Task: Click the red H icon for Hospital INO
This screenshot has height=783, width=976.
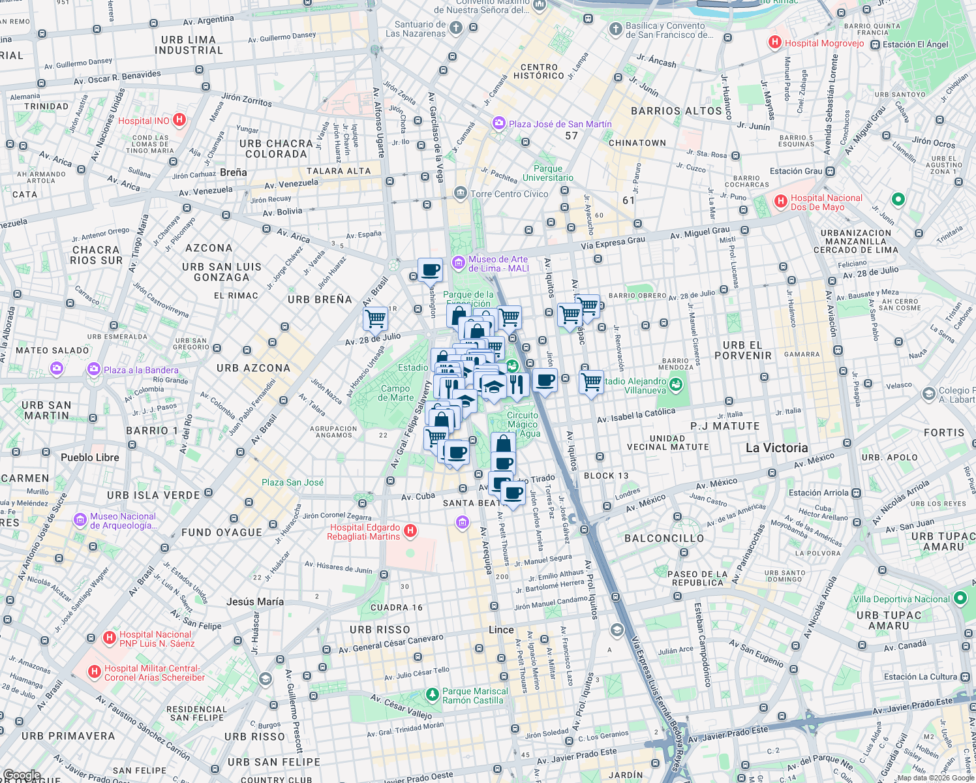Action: click(x=180, y=120)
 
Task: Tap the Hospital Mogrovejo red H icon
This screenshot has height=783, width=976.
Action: click(x=774, y=43)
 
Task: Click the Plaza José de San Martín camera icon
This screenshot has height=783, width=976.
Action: click(x=499, y=123)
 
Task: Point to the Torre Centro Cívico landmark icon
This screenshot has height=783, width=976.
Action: click(x=461, y=193)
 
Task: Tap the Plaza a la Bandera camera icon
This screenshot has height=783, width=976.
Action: click(x=94, y=369)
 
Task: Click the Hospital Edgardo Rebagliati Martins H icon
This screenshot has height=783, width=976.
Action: click(x=410, y=531)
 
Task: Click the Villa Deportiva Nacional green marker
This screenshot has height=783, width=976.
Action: click(x=960, y=598)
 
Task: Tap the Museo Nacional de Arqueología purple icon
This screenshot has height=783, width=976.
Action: click(x=80, y=520)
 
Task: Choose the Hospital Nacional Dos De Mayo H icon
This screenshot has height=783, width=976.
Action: click(x=780, y=202)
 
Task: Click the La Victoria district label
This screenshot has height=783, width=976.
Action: click(x=776, y=448)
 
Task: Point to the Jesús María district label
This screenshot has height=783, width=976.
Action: click(x=254, y=602)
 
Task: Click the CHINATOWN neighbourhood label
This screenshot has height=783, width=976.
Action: click(x=637, y=143)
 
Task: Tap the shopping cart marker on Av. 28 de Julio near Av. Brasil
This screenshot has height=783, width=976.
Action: click(x=376, y=318)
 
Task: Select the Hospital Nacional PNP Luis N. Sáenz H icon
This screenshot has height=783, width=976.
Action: click(x=109, y=638)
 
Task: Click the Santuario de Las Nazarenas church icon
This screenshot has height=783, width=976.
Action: click(x=456, y=28)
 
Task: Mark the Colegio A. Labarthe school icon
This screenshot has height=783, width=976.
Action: click(x=928, y=394)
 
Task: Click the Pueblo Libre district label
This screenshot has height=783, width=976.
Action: click(x=90, y=457)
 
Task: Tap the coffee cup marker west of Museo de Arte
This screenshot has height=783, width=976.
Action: click(x=430, y=269)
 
